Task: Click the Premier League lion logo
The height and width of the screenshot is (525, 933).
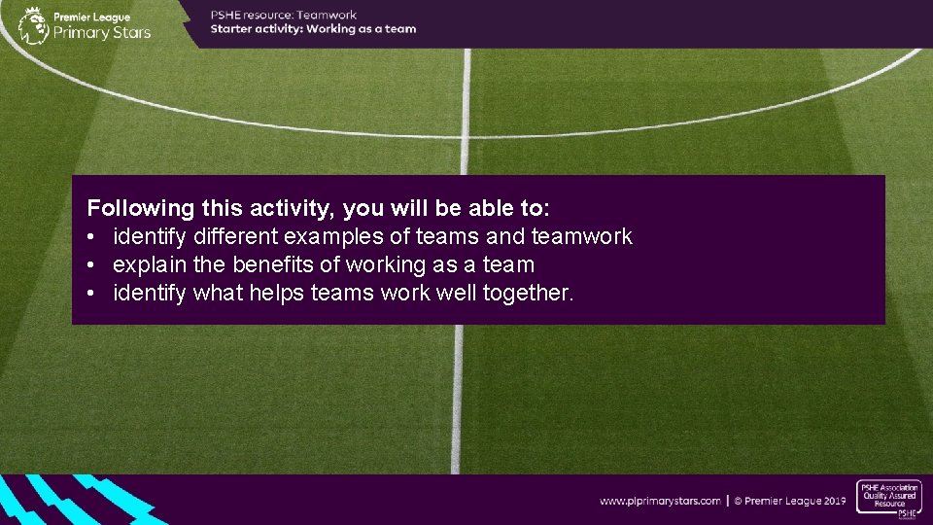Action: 32,24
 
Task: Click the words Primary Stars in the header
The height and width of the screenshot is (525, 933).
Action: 103,31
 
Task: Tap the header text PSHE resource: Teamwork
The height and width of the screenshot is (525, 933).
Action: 284,15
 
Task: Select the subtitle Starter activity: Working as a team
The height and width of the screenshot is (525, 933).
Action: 313,29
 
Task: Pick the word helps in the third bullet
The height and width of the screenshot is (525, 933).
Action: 276,293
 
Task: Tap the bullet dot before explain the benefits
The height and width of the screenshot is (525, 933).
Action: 89,264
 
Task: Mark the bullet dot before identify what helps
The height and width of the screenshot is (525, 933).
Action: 89,293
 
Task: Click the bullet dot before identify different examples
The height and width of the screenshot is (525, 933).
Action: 89,236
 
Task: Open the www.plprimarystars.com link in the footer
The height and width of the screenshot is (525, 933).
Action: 660,501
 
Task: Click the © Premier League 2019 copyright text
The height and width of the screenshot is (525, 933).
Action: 789,501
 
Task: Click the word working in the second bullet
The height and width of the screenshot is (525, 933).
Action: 368,264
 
